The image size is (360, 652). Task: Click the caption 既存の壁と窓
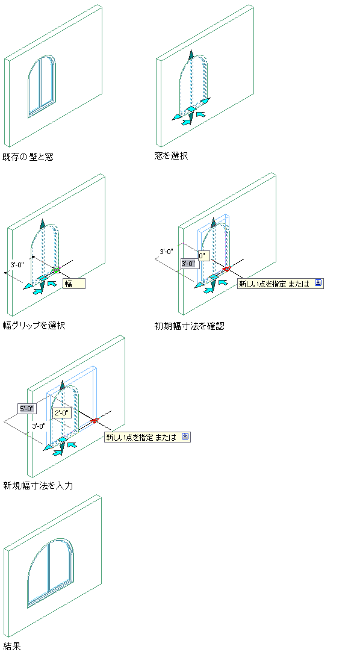tap(28, 157)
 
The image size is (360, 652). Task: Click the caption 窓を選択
tap(171, 156)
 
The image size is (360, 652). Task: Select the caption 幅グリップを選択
tap(34, 325)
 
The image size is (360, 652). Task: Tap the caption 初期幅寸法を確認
tap(189, 326)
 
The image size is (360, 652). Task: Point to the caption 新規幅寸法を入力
tap(38, 485)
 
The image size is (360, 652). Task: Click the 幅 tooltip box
tap(74, 284)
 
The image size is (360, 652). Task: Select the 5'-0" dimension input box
tap(28, 409)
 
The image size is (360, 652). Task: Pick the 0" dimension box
tap(203, 256)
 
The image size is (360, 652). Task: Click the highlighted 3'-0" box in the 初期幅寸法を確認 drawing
tap(189, 263)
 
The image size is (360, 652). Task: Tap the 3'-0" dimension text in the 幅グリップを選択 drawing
tap(18, 264)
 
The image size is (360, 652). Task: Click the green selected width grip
tap(56, 270)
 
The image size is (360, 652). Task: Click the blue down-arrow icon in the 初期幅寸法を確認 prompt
tap(318, 283)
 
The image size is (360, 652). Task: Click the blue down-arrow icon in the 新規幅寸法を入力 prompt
tap(185, 436)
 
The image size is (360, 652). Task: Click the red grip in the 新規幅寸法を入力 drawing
tap(95, 421)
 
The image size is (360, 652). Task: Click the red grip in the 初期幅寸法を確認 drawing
tap(226, 269)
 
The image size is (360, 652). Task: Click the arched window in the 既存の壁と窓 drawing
tap(42, 85)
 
